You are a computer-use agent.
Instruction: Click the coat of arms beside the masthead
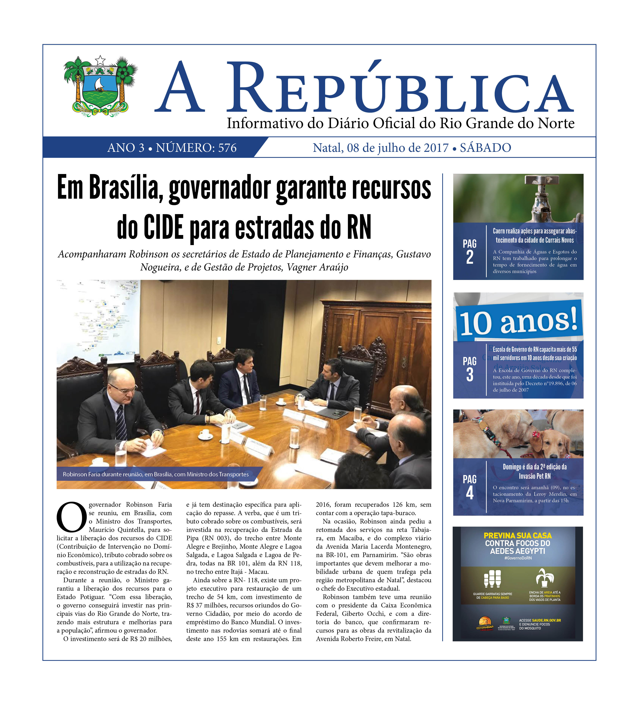coord(100,86)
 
